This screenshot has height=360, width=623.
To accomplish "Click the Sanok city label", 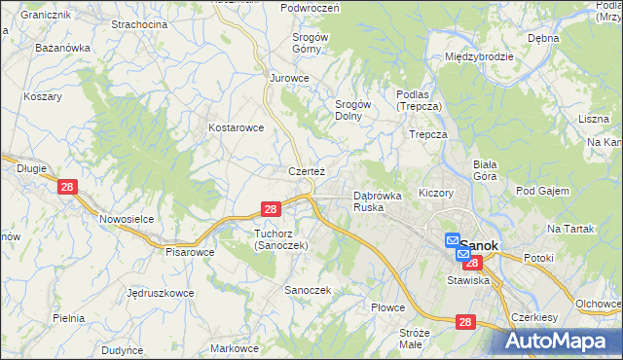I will point(479,246).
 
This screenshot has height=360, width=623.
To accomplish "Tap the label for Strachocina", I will point(138,23).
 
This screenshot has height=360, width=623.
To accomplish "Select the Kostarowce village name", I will point(236,127).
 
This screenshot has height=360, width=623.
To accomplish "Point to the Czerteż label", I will point(306,171).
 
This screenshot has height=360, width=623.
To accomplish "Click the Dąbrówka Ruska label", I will point(377,201).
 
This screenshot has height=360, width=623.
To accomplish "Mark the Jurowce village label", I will point(289,77).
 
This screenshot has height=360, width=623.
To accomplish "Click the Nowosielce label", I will point(127,219).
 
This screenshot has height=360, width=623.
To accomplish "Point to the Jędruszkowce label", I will point(160,292).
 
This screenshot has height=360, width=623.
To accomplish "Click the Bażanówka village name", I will point(62,47).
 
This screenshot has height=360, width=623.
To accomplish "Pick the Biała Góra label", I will point(484,170).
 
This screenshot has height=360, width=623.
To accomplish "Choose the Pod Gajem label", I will point(542,191).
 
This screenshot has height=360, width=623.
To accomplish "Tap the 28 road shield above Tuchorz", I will point(271,209).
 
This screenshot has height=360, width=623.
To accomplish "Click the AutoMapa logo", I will point(562,342).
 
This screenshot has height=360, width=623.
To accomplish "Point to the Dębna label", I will point(542,38).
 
